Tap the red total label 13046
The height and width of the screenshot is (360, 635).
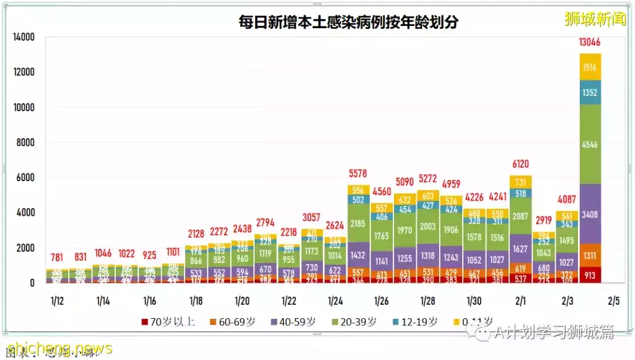[x=590, y=42]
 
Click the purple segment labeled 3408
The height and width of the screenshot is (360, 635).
[x=590, y=215]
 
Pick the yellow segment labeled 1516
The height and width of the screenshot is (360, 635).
[x=590, y=67]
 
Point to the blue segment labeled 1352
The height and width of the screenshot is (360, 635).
[x=590, y=93]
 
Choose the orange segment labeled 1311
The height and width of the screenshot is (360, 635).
[x=590, y=255]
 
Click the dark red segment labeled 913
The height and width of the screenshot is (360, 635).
[x=590, y=274]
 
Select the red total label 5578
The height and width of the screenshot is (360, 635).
[x=359, y=174]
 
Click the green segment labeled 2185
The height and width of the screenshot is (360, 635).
[x=359, y=224]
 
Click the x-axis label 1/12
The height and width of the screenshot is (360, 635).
[x=57, y=301]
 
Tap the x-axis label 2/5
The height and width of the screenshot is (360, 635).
[x=613, y=301]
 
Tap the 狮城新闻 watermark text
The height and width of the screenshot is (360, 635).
[x=594, y=19]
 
